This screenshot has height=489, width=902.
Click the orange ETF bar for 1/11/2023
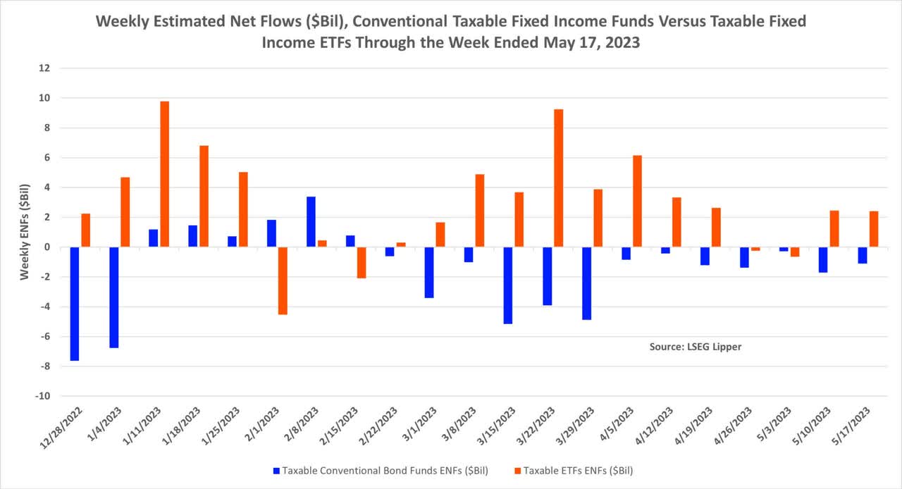164,174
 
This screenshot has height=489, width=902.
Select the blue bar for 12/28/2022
75,304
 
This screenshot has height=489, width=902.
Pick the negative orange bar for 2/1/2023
283,280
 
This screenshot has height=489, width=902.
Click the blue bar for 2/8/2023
311,222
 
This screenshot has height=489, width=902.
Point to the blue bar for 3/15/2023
508,285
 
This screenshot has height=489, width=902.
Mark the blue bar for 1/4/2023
114,297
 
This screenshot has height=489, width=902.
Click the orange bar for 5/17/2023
873,229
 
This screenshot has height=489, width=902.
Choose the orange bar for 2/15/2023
362,263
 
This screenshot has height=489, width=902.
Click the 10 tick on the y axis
44,98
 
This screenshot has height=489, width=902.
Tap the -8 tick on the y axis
44,366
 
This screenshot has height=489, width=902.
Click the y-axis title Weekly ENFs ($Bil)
25,233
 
